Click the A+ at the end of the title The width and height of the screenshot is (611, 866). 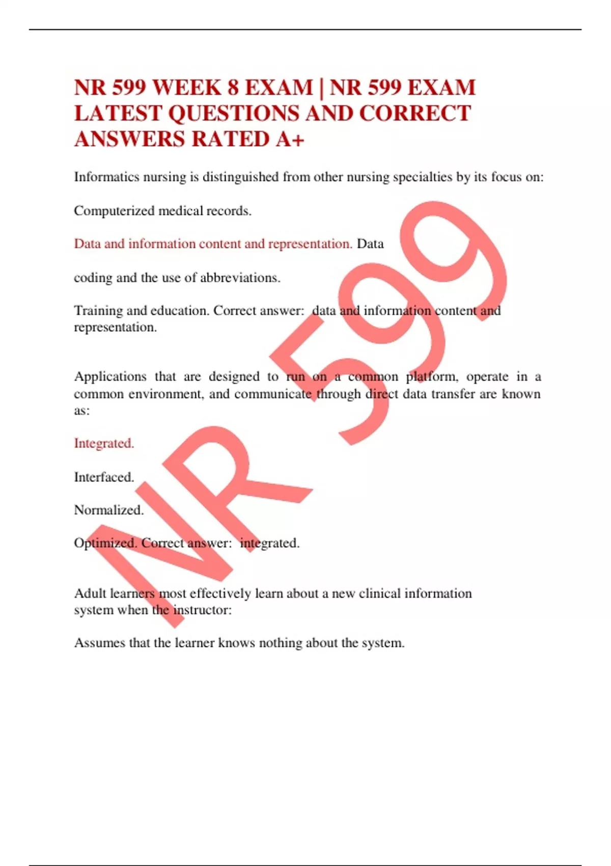coord(290,139)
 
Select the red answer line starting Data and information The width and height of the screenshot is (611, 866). coord(213,243)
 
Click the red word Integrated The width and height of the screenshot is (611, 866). coord(104,443)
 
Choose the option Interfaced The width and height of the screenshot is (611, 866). coord(104,477)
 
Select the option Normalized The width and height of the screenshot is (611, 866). coord(108,510)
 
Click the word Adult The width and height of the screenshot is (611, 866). coord(90,593)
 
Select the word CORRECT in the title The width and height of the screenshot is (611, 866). coord(415,113)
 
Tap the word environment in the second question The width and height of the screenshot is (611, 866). coord(164,394)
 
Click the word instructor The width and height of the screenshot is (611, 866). coord(202,610)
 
